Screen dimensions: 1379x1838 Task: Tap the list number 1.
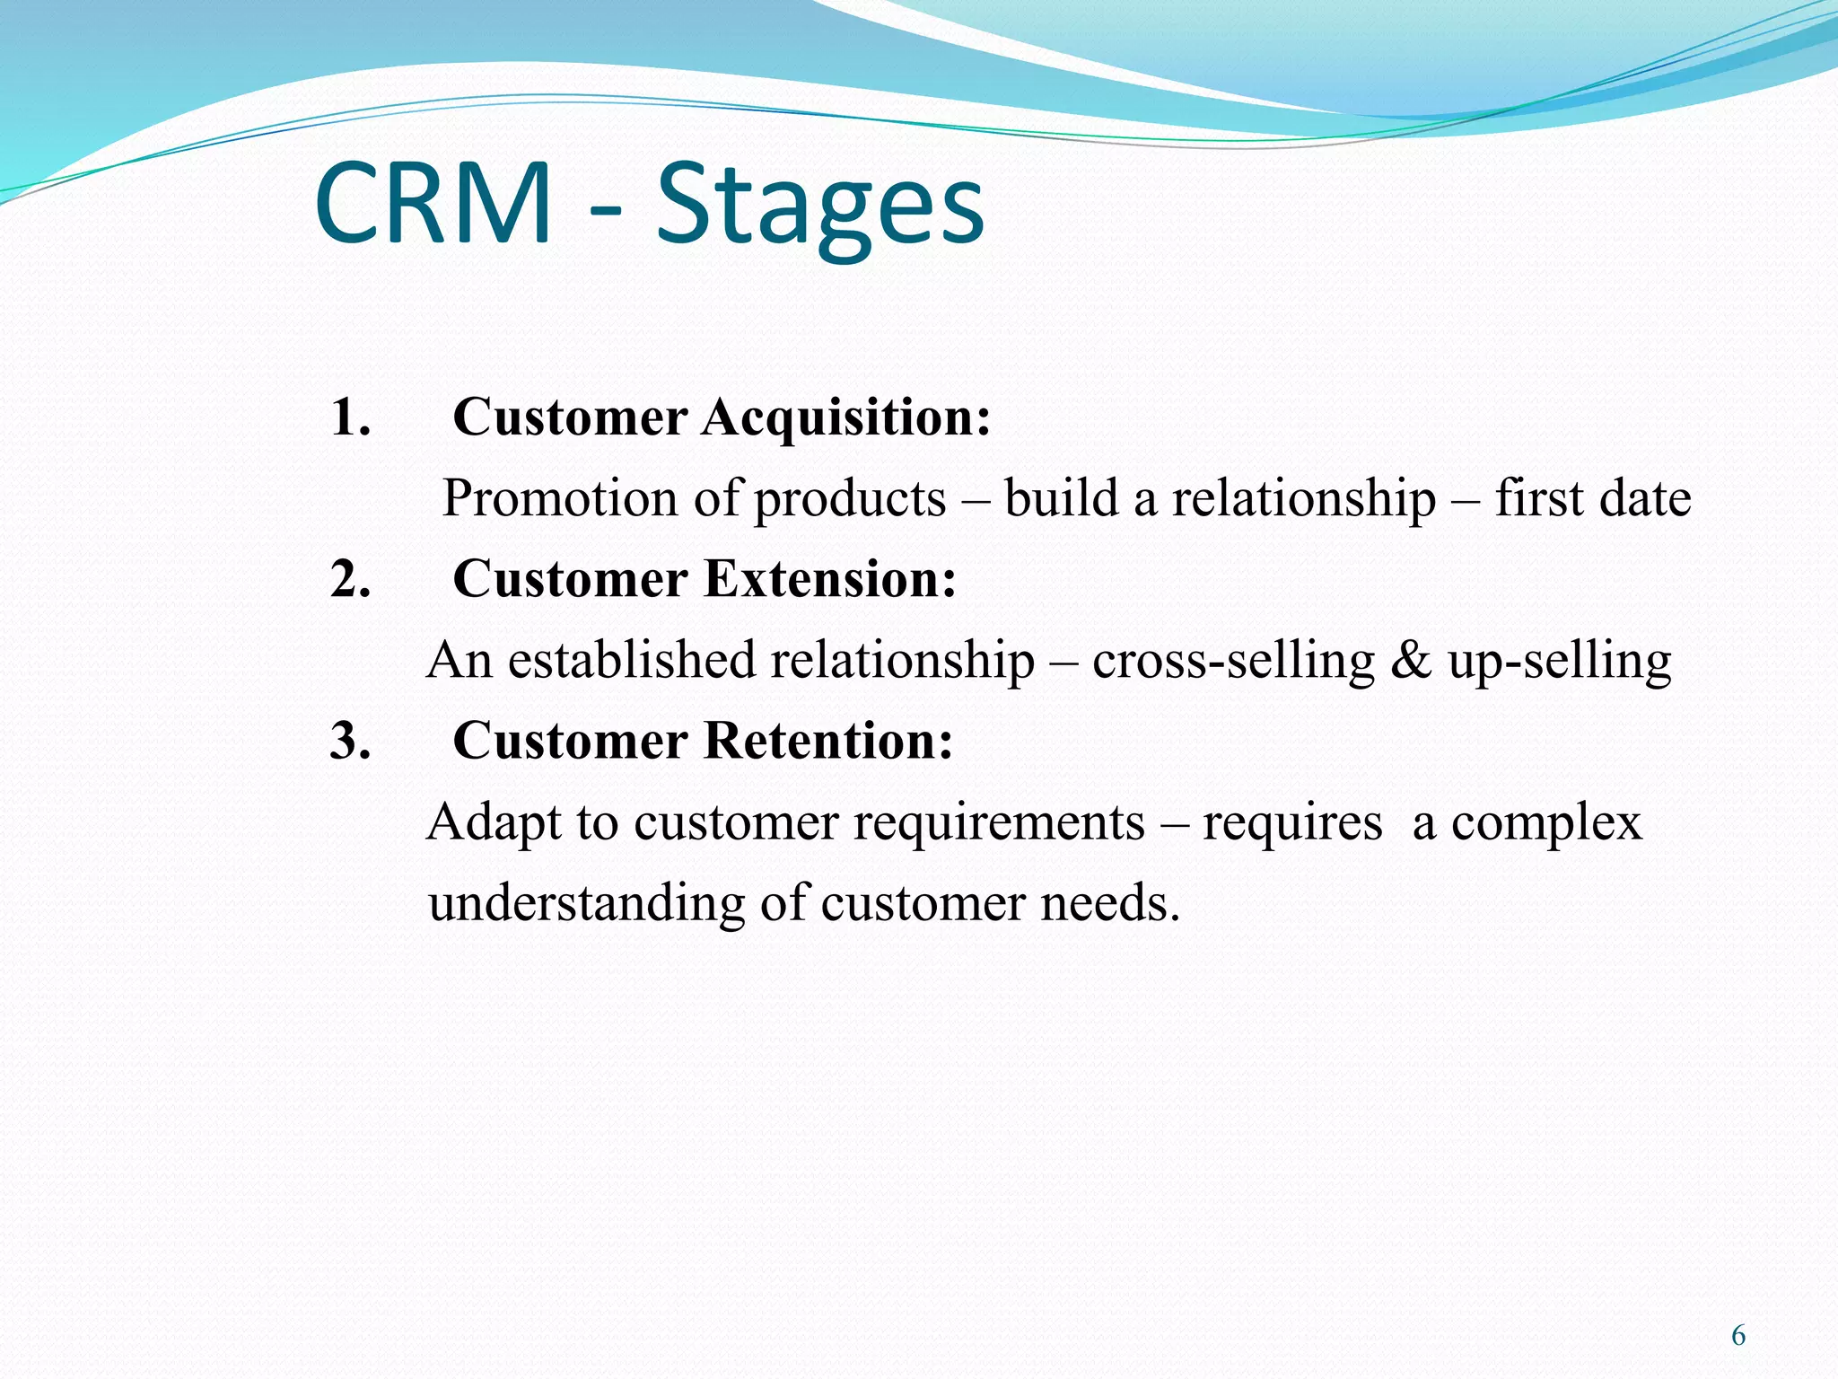pyautogui.click(x=350, y=417)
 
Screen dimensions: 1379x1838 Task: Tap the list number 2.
pyautogui.click(x=350, y=579)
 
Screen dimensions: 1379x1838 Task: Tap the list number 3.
pyautogui.click(x=350, y=741)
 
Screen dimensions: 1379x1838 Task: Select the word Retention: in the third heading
pyautogui.click(x=828, y=741)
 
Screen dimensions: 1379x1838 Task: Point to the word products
pyautogui.click(x=849, y=500)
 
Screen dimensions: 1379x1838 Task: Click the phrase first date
pyautogui.click(x=1592, y=498)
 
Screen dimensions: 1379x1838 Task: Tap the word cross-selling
pyautogui.click(x=1233, y=660)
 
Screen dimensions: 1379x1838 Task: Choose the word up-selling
pyautogui.click(x=1559, y=662)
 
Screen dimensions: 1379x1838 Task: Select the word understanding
pyautogui.click(x=586, y=904)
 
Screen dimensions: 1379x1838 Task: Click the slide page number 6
pyautogui.click(x=1737, y=1336)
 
